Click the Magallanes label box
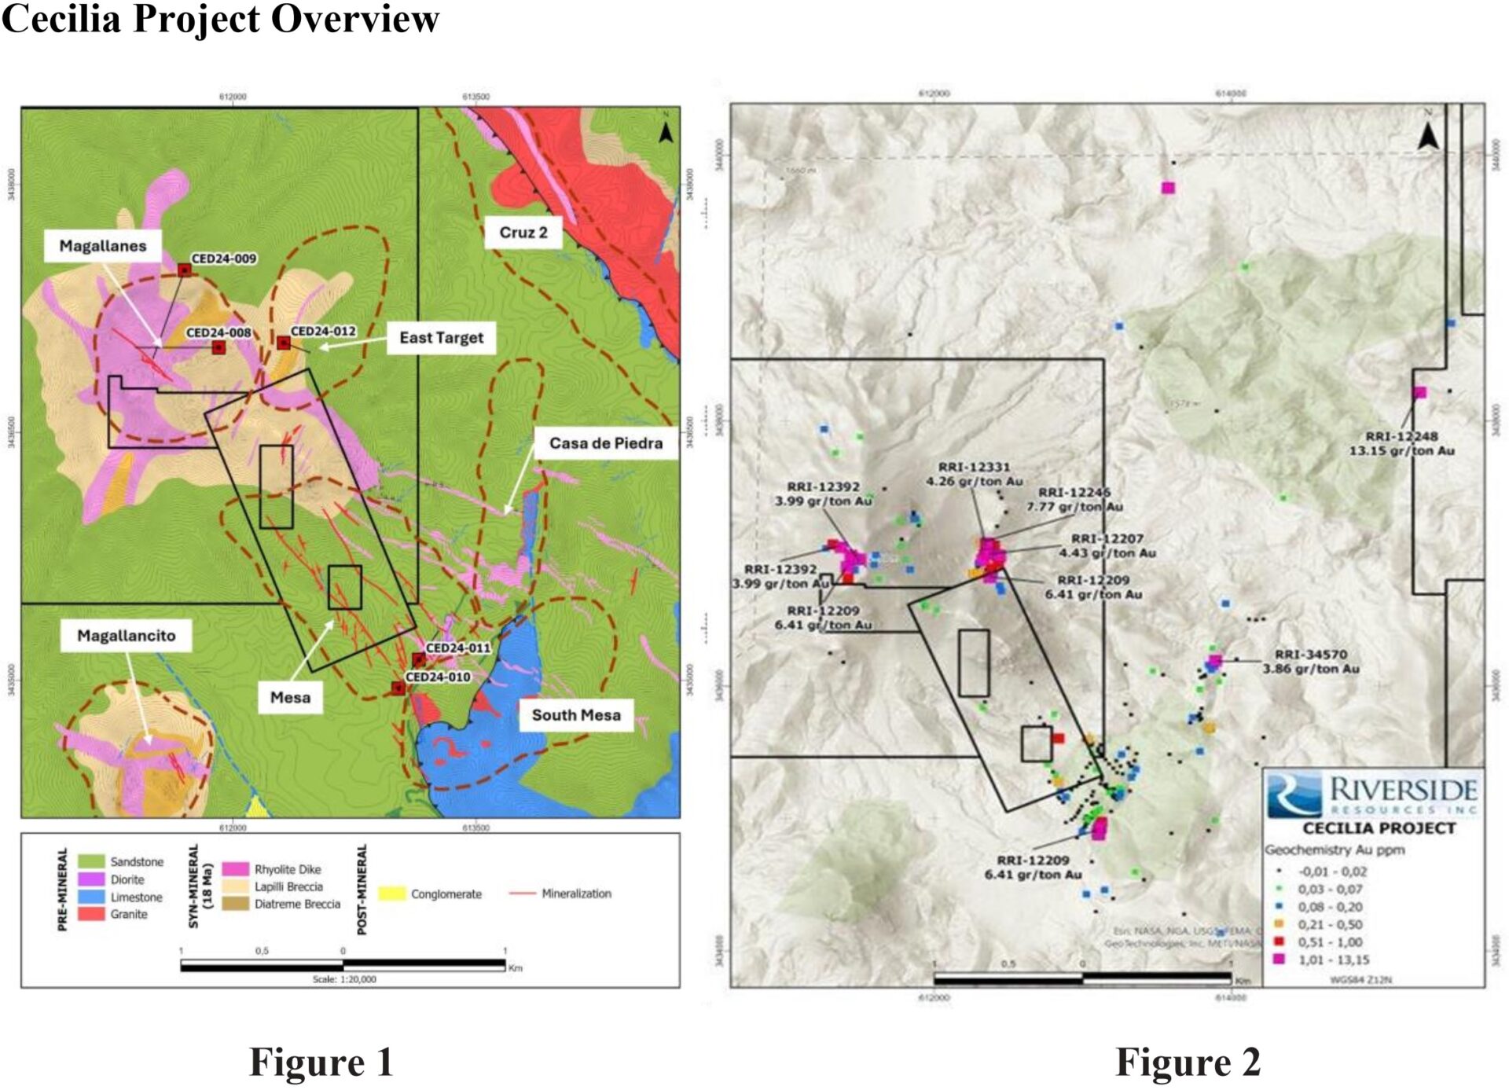click(103, 246)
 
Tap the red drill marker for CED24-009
click(185, 270)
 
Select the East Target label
click(441, 338)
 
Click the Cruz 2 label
click(523, 233)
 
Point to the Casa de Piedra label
click(605, 443)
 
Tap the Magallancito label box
click(127, 636)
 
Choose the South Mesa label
click(576, 715)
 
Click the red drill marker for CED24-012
click(284, 343)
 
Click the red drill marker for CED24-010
click(398, 688)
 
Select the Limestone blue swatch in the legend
click(92, 897)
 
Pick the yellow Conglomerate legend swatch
click(392, 894)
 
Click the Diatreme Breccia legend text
click(297, 904)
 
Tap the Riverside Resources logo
click(1373, 795)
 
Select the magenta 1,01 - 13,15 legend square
click(1280, 959)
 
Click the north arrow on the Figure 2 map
click(1428, 136)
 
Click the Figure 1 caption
click(321, 1062)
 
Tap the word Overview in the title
click(355, 19)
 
